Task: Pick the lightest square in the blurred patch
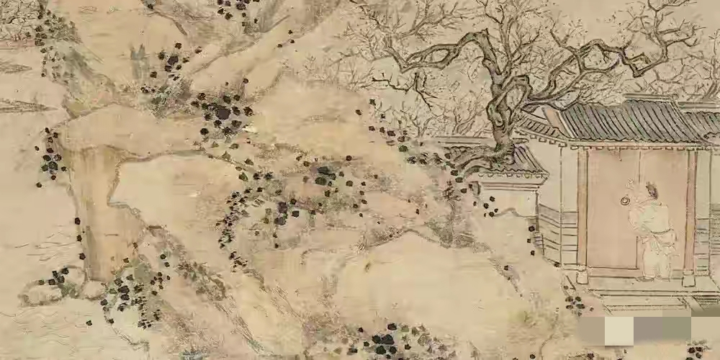point(618,332)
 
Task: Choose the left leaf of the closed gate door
point(612,216)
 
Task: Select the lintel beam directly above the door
point(634,147)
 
